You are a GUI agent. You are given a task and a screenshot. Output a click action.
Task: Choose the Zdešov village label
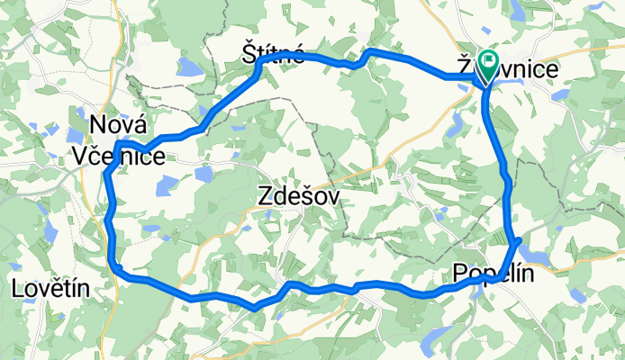tap(300, 194)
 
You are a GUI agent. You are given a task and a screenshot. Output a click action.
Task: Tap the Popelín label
tap(493, 273)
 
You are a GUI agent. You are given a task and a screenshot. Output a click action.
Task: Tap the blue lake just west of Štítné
tap(190, 66)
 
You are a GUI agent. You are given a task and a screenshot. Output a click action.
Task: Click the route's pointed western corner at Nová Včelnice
tap(116, 144)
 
